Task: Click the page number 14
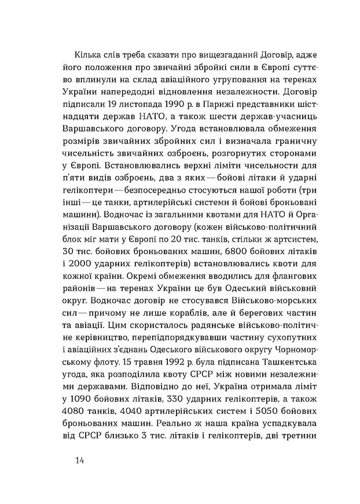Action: click(80, 460)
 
